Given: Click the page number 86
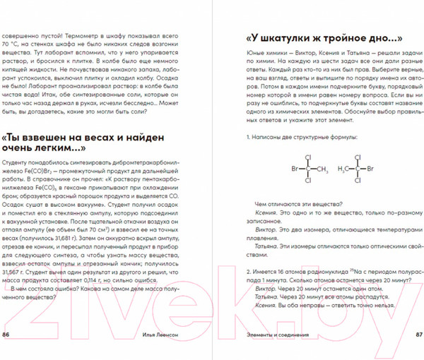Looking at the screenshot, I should [x=6, y=334].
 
